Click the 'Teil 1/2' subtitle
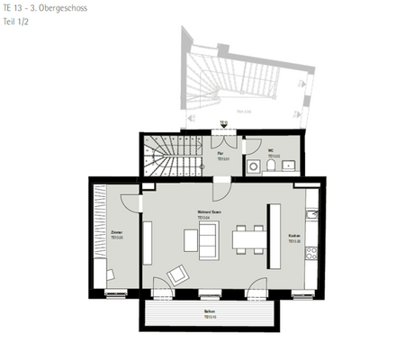point(15,19)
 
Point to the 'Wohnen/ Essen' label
point(210,213)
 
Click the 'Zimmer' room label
point(117,233)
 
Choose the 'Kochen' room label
point(293,238)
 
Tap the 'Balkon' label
point(209,312)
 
